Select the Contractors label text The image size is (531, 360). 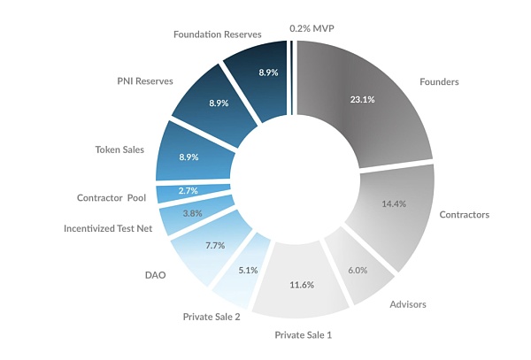(x=464, y=214)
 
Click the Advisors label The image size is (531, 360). (x=407, y=304)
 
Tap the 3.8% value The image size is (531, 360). (x=193, y=213)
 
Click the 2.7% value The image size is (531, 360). (x=189, y=190)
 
